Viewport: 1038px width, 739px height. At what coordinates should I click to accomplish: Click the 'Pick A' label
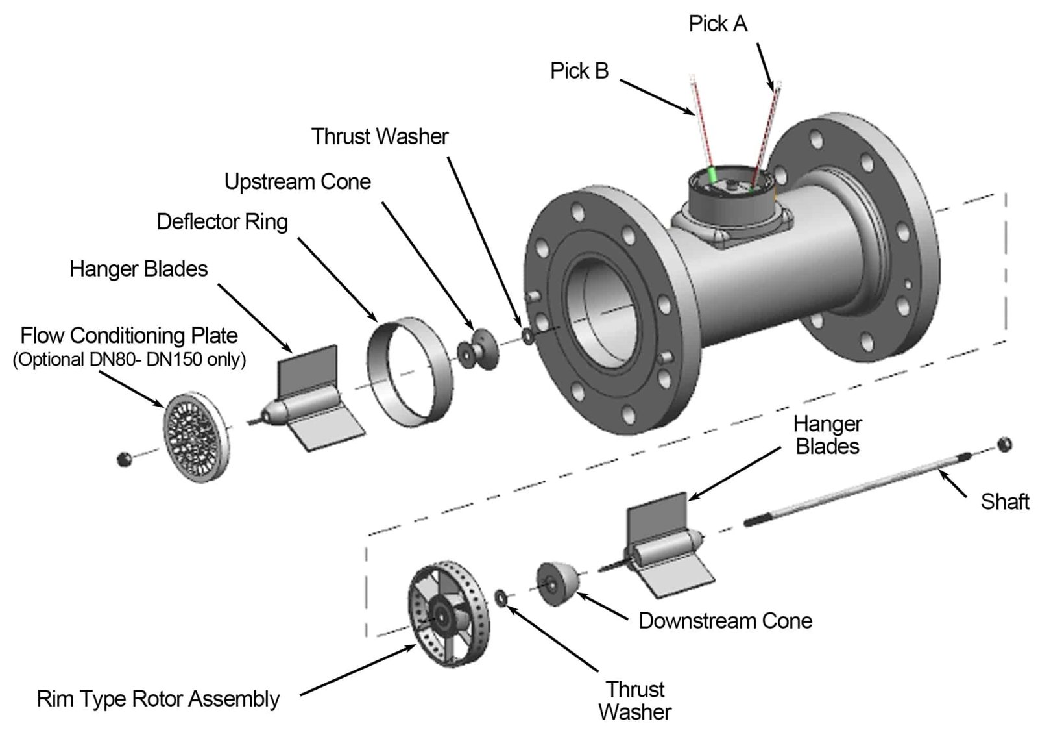[x=718, y=24]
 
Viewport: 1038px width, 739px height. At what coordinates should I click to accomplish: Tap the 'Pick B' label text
[x=579, y=71]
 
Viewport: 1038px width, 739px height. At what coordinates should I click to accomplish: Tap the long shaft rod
[x=856, y=487]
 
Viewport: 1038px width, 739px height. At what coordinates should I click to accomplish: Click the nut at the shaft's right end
[x=1004, y=444]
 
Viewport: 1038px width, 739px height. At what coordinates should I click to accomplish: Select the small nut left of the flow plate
[x=123, y=459]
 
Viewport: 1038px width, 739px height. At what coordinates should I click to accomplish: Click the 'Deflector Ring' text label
[x=222, y=221]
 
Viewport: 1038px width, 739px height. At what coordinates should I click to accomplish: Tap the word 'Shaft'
[x=1004, y=501]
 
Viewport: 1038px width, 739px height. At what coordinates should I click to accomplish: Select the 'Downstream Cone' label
[x=725, y=620]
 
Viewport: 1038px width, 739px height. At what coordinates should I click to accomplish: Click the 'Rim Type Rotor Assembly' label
[x=158, y=699]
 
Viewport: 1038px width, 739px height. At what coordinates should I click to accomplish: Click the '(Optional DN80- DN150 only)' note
[x=129, y=359]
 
